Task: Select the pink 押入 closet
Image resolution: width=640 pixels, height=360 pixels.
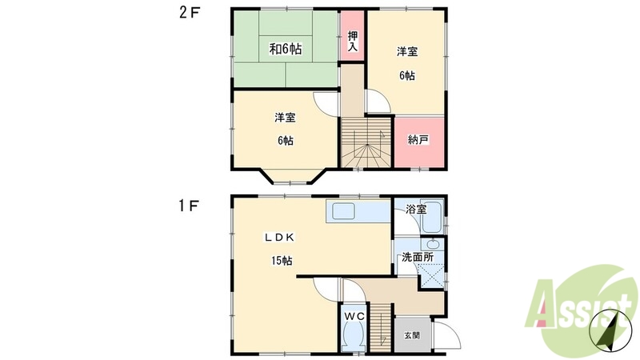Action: coord(353,40)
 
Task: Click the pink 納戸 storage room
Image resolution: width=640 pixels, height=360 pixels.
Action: coord(418,141)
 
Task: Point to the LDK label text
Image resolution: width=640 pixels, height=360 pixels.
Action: coord(282,237)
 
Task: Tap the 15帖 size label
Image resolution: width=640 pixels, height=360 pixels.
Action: coord(281,261)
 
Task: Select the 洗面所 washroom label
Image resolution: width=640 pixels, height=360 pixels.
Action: coord(418,258)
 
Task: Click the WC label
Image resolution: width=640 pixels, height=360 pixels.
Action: coord(354,317)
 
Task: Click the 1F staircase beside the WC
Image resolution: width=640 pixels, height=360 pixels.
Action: coord(381,330)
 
